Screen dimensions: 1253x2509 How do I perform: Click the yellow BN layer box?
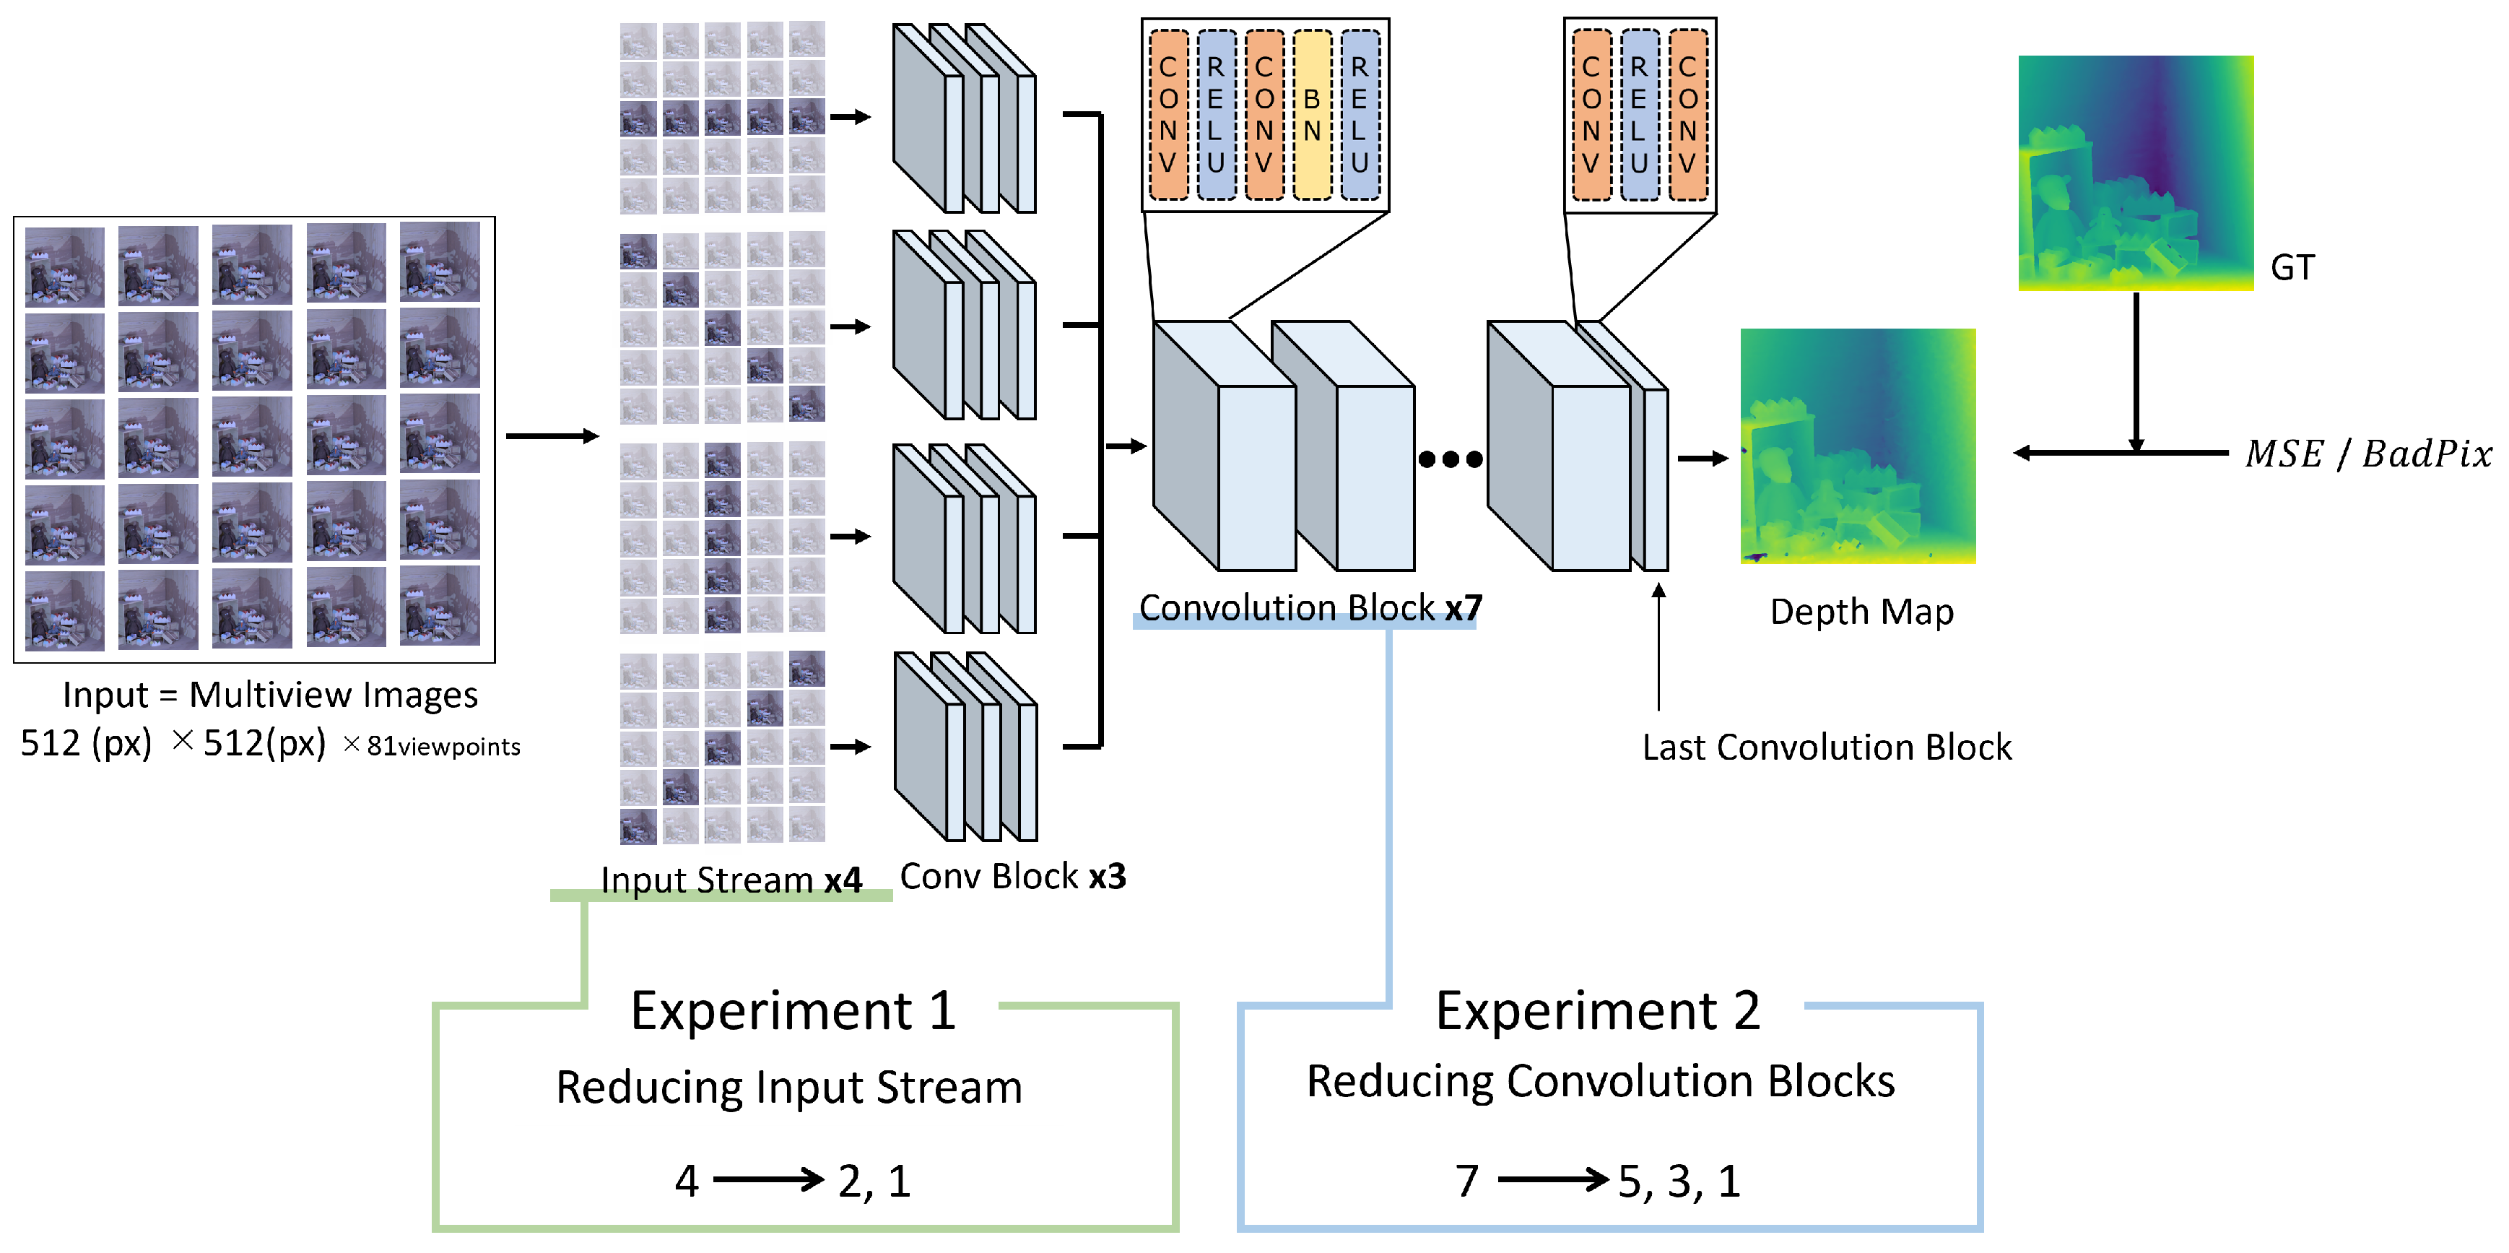(x=1312, y=115)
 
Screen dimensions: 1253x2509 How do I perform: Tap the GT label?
(x=2291, y=268)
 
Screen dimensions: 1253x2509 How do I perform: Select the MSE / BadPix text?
(x=2367, y=454)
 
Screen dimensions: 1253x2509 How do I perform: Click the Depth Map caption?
(x=1861, y=612)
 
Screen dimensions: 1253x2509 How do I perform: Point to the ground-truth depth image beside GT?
(x=2135, y=173)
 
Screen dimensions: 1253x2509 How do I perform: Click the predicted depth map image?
(x=1858, y=446)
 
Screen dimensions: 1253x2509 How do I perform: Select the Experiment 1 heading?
(x=793, y=1010)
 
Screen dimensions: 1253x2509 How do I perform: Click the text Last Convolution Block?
(x=1826, y=747)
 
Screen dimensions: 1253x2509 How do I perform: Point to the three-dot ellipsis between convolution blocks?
(x=1451, y=459)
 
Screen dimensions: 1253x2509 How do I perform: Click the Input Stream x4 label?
(x=731, y=880)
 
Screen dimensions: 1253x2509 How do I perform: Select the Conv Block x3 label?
(x=1012, y=876)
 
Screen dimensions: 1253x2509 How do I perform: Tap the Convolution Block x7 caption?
(x=1310, y=608)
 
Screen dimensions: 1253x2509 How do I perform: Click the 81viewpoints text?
(x=443, y=747)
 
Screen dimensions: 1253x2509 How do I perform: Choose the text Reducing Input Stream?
(x=789, y=1088)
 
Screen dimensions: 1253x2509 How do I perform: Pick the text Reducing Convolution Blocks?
(x=1600, y=1082)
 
